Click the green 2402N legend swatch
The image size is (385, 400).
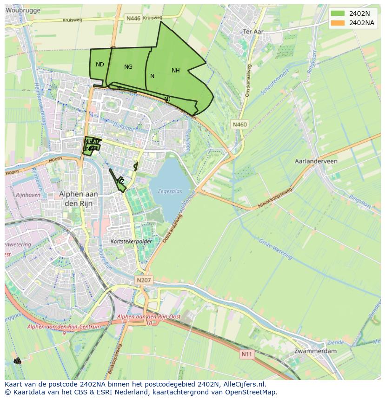tap(338, 13)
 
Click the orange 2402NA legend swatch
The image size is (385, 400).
tap(338, 23)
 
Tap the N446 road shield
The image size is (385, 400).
tap(133, 18)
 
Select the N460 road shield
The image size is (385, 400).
tap(240, 125)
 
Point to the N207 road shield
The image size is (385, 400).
tap(144, 280)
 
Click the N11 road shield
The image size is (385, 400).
tap(247, 354)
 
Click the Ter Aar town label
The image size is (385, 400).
tap(253, 32)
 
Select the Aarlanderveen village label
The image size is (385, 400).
tap(316, 161)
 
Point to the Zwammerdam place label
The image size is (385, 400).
tap(316, 351)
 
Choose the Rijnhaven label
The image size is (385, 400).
tap(27, 195)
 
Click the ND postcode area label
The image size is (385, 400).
tap(100, 65)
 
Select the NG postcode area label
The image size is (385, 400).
tap(128, 67)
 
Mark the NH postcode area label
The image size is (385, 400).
tap(175, 71)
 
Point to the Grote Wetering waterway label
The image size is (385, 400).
tap(276, 249)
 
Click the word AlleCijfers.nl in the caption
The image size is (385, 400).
tap(244, 384)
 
